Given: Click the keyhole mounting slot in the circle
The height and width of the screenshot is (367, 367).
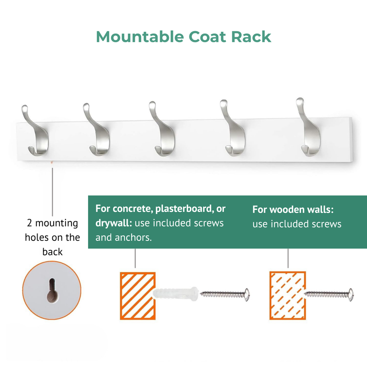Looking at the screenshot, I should [x=52, y=290].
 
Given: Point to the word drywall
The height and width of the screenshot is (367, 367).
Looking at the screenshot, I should [x=112, y=223].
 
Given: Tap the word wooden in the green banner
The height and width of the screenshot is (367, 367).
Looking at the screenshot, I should [x=285, y=210].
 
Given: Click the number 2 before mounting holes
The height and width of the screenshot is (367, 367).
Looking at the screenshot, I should [x=29, y=223].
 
